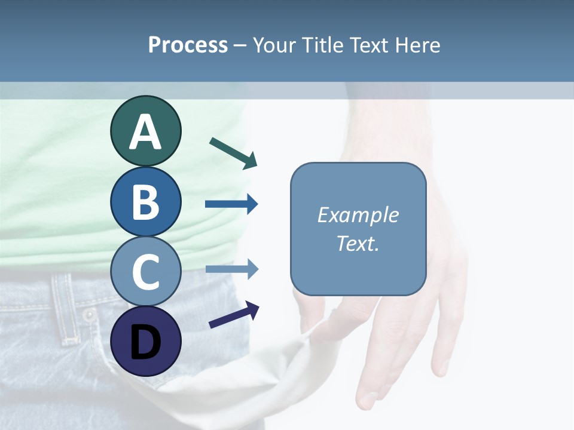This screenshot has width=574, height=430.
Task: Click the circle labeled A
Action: pyautogui.click(x=145, y=131)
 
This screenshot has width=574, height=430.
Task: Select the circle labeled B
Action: pyautogui.click(x=145, y=202)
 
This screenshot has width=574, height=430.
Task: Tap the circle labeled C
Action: pyautogui.click(x=145, y=272)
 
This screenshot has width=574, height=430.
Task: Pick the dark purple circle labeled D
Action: pyautogui.click(x=145, y=342)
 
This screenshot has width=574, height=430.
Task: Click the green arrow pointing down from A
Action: pyautogui.click(x=233, y=152)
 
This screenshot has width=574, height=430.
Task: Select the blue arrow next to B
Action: pyautogui.click(x=231, y=204)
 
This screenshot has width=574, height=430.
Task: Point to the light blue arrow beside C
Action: pyautogui.click(x=231, y=269)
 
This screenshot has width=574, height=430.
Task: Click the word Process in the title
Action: pyautogui.click(x=188, y=45)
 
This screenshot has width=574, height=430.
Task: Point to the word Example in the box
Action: pyautogui.click(x=358, y=215)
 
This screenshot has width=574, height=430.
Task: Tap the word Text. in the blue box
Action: pyautogui.click(x=358, y=244)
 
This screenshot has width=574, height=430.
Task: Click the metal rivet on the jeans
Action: pyautogui.click(x=89, y=315)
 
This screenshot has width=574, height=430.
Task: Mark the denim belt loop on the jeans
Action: pyautogui.click(x=63, y=308)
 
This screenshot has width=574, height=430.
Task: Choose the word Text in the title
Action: pyautogui.click(x=370, y=45)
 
